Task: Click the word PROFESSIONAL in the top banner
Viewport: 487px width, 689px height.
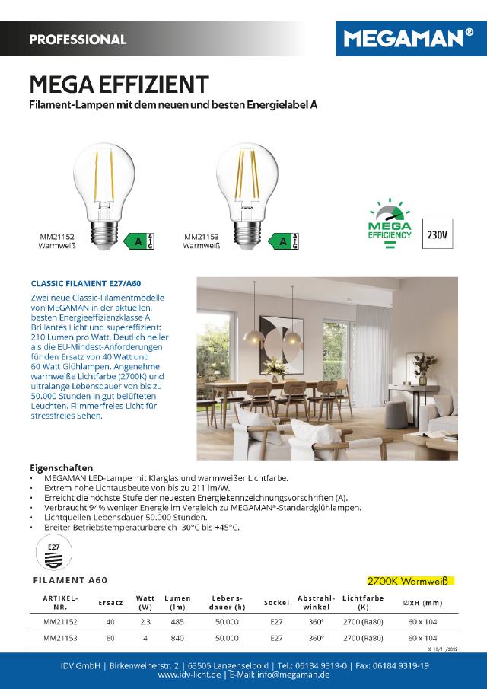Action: (x=78, y=40)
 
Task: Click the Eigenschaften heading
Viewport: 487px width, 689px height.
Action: (x=61, y=467)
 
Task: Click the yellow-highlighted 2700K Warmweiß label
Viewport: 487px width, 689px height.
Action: (x=409, y=580)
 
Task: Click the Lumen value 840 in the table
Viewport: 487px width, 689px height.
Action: (x=177, y=638)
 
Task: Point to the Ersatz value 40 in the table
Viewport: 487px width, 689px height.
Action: (x=110, y=621)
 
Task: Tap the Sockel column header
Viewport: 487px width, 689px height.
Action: (x=276, y=603)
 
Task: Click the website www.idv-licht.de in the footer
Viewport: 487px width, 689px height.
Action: (x=189, y=675)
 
